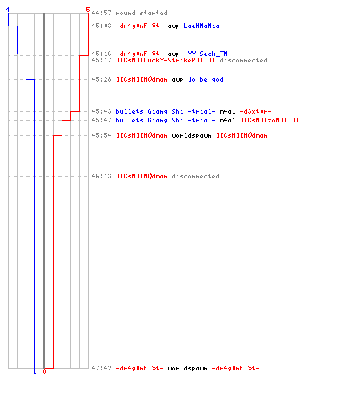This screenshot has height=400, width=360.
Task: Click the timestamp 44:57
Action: tap(102, 13)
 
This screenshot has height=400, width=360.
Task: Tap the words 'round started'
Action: tap(142, 13)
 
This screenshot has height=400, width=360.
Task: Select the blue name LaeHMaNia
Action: tap(202, 26)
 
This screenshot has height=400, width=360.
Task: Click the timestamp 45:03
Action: tap(102, 26)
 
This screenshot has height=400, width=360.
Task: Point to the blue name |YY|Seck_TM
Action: tap(206, 54)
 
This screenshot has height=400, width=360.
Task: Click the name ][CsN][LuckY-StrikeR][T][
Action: tap(166, 60)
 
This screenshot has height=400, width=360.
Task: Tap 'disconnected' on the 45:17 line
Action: tap(243, 60)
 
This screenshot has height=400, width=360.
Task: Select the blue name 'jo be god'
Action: tap(206, 79)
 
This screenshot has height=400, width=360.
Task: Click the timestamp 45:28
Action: tap(102, 79)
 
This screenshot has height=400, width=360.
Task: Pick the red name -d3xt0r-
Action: tap(255, 111)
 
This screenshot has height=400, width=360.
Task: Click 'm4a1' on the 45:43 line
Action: tap(227, 111)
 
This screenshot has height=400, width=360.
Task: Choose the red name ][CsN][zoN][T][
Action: tap(270, 120)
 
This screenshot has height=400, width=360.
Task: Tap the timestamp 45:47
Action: tap(102, 120)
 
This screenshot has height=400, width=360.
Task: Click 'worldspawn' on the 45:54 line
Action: tap(191, 135)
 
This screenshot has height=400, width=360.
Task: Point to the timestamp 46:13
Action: tap(102, 176)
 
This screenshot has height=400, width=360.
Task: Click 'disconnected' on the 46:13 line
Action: tap(195, 176)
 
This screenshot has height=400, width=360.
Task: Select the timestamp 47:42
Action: tap(102, 368)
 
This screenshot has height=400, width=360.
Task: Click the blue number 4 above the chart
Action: tap(8, 10)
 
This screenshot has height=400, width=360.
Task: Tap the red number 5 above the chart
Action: tap(88, 10)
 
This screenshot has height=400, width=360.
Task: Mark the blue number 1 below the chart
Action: tap(34, 371)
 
